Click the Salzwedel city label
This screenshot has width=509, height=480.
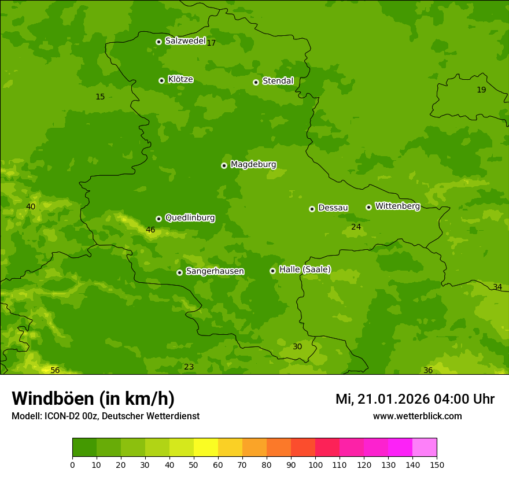(185, 41)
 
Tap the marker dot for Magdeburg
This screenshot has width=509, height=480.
(224, 165)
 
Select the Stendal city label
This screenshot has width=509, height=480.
(278, 81)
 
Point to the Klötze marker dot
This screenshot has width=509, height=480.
(161, 80)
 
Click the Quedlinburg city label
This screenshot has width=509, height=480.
(190, 218)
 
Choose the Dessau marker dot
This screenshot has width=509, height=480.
(312, 209)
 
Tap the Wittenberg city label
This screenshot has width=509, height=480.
(397, 206)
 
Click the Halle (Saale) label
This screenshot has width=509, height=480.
(305, 269)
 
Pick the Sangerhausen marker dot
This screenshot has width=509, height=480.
(179, 272)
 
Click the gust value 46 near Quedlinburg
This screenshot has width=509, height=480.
(150, 230)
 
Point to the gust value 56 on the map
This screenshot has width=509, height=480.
(55, 370)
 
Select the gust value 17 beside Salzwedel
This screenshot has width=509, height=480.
(211, 43)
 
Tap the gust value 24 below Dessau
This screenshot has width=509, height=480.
(356, 227)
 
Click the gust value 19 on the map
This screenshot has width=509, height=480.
(481, 90)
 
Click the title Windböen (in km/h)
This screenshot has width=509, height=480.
(93, 399)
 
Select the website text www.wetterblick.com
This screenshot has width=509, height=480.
(417, 416)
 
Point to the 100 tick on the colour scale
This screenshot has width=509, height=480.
(315, 464)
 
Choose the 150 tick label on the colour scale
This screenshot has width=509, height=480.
(437, 464)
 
